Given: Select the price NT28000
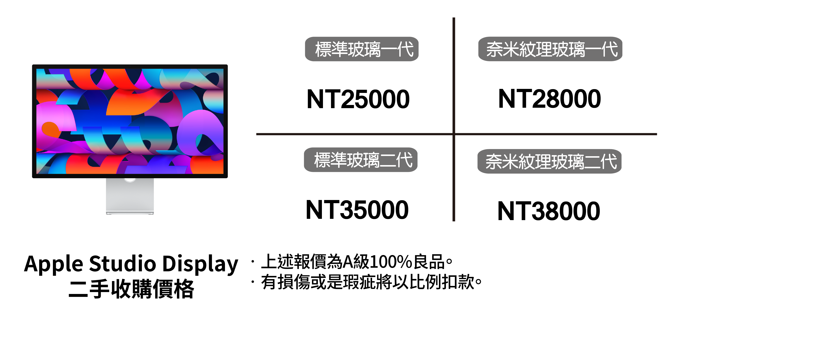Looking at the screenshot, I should pos(549,99).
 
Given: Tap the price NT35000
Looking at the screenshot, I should pos(357,210).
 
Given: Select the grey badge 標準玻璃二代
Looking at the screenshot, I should pos(361,160).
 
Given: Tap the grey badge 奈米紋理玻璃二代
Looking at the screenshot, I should pos(549,161).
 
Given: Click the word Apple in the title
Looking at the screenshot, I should pos(54,264).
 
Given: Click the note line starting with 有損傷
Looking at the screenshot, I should pos(371,282).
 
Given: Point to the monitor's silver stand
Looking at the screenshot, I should pos(130,196).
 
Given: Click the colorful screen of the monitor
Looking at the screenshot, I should pos(130,121).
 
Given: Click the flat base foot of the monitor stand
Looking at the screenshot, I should pos(130,213).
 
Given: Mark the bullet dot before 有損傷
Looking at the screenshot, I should pos(253,282).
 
